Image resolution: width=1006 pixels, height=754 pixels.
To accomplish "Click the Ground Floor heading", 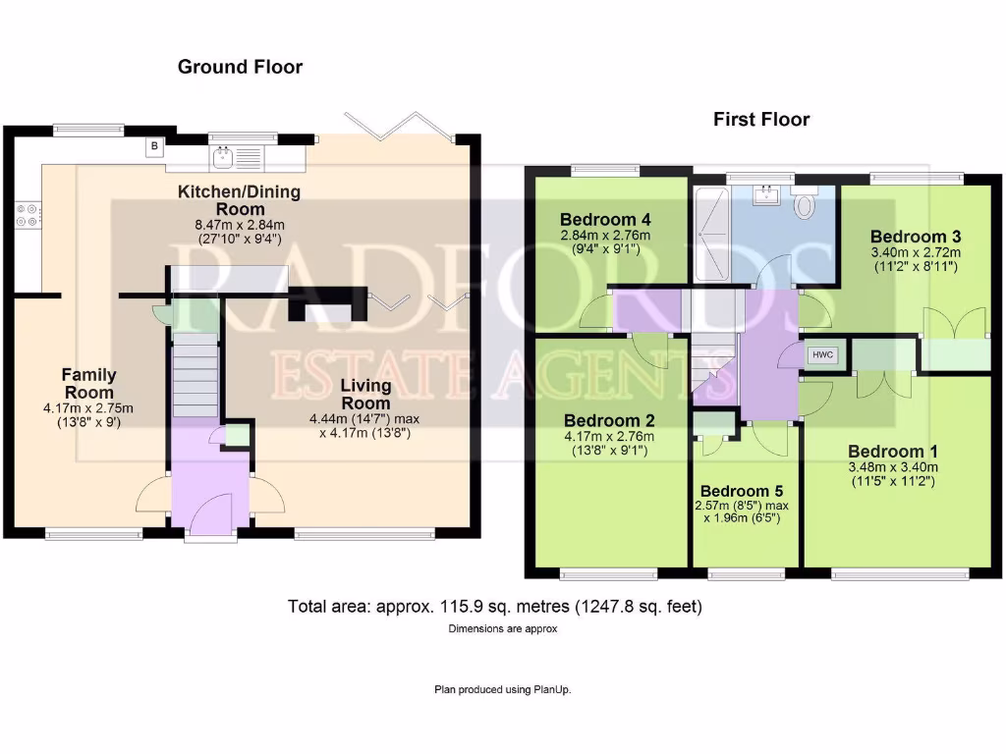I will point(240,67).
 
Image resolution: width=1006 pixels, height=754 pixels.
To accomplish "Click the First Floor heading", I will point(761,120).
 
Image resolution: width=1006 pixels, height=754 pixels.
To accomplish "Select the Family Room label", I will point(89,383).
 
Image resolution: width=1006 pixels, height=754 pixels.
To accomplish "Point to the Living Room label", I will point(365,395).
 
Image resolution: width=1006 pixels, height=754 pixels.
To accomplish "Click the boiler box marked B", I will point(154,147).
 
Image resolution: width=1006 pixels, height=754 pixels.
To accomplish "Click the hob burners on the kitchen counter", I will point(28,214).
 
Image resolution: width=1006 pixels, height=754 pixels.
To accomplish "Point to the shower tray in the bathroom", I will point(710,234).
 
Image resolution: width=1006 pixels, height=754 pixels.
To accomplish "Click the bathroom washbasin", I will point(767,196).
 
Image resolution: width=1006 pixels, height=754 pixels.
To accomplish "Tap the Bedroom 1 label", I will point(893,452).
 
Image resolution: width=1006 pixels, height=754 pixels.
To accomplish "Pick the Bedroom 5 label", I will point(741,491).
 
